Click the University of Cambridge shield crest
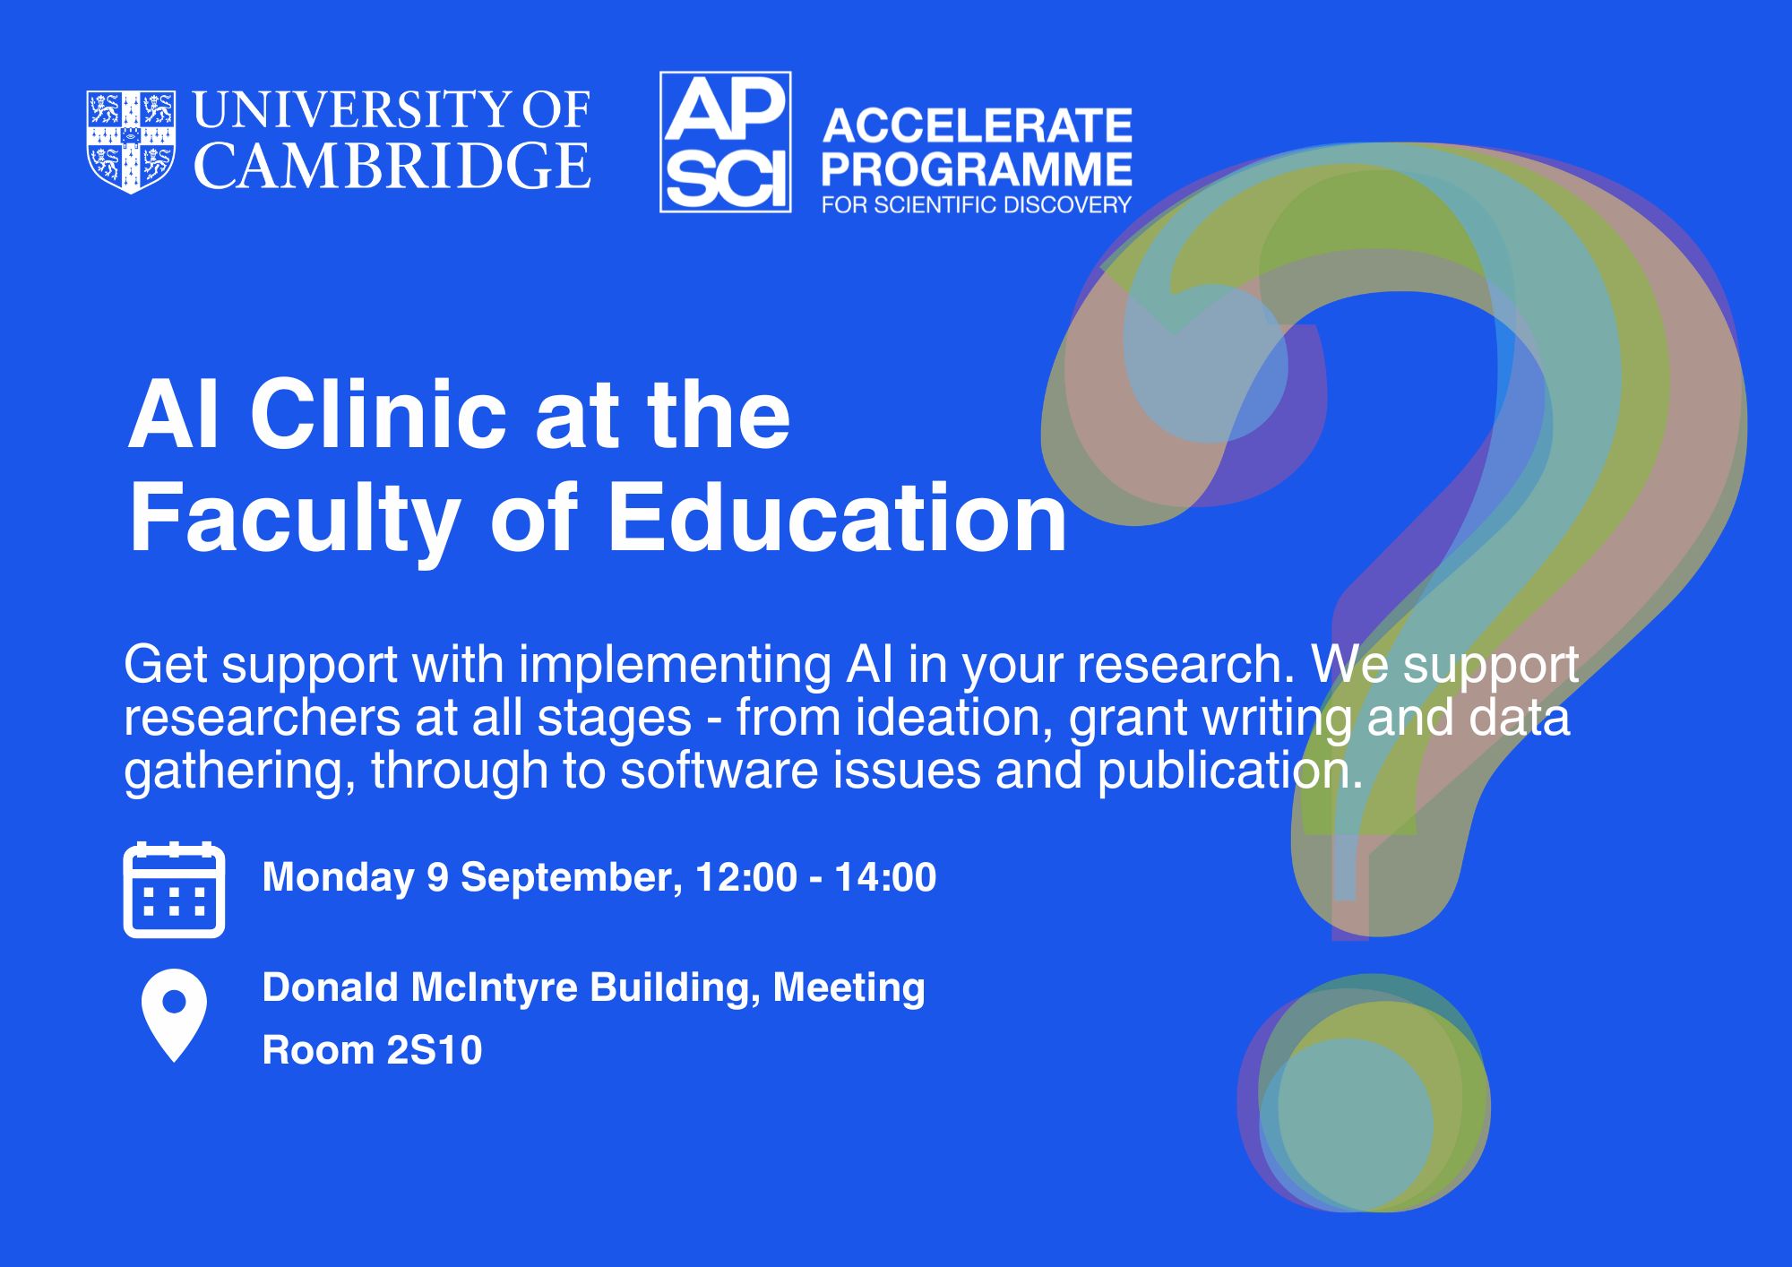131,142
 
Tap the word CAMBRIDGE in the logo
392,166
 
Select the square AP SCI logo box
726,142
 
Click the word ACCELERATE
978,126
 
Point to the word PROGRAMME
978,169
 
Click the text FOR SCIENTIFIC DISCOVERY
978,205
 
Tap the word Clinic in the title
378,415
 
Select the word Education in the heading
838,518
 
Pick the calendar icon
174,890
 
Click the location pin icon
174,1016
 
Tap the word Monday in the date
339,878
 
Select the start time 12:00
745,877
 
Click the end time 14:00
885,877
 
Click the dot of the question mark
1363,1093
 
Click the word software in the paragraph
719,771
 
